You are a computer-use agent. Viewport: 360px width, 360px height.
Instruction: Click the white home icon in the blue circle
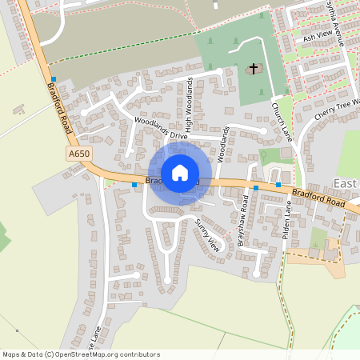pos(180,172)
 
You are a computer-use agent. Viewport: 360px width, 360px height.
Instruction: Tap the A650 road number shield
pos(79,153)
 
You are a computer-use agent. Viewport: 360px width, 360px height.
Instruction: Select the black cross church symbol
pos(254,69)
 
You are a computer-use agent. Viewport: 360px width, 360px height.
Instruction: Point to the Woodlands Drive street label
pos(161,129)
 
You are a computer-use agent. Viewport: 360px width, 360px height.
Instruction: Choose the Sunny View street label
pos(207,234)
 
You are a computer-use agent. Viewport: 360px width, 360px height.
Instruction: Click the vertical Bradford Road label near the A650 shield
pos(64,109)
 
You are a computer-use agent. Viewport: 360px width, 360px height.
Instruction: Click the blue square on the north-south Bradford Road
pos(54,79)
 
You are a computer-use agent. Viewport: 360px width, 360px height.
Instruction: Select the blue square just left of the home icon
pos(134,184)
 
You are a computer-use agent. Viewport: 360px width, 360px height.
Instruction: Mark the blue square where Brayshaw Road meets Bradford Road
pos(256,187)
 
